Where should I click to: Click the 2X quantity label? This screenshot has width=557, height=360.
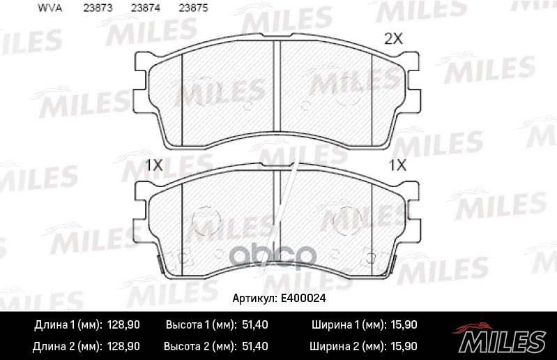[394, 40]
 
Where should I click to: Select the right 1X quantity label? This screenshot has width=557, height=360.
[397, 165]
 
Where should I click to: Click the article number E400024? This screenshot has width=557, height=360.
[305, 298]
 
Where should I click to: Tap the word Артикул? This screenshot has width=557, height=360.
[254, 298]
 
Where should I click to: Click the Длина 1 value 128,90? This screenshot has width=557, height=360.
[123, 325]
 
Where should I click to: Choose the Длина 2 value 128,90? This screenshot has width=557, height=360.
[123, 346]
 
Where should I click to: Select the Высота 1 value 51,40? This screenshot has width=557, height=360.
[253, 325]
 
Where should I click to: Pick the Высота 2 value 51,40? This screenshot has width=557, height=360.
[253, 346]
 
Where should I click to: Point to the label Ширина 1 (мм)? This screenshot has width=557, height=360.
[344, 325]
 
